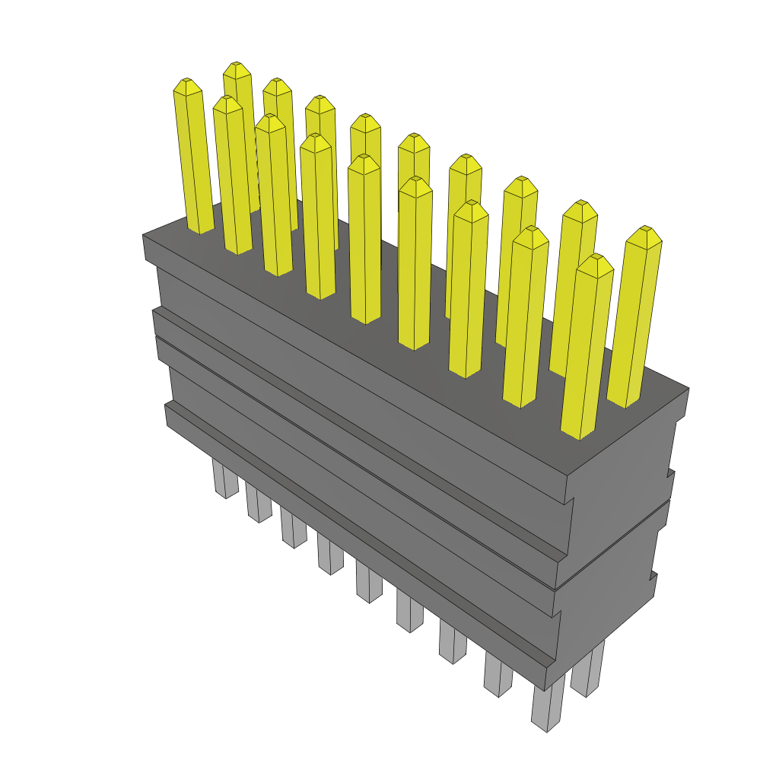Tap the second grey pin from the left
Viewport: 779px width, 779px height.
[x=259, y=505]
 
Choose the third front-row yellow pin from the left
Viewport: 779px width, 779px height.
[x=273, y=198]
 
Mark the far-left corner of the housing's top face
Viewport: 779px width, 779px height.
[x=143, y=236]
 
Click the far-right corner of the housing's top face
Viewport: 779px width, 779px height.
[x=688, y=388]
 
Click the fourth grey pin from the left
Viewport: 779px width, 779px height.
[x=330, y=555]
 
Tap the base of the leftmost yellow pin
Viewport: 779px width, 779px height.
[x=201, y=228]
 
